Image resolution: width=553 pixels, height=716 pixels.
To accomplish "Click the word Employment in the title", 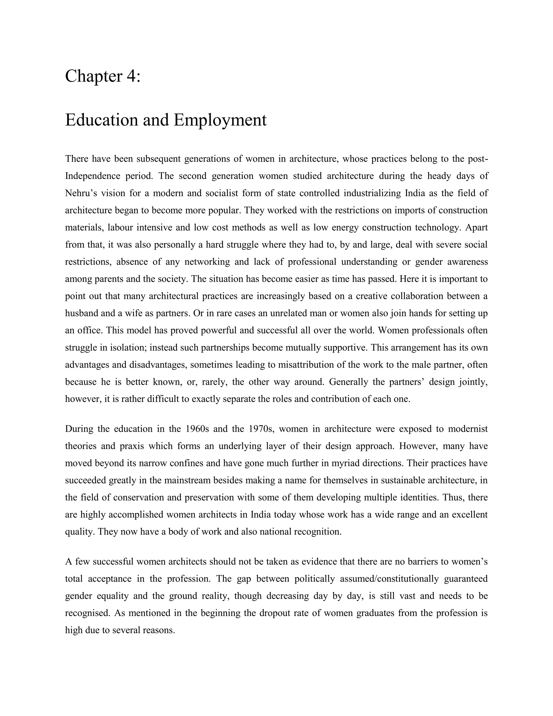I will (x=220, y=120).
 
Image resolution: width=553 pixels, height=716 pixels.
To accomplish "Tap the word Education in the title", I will (x=101, y=120).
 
